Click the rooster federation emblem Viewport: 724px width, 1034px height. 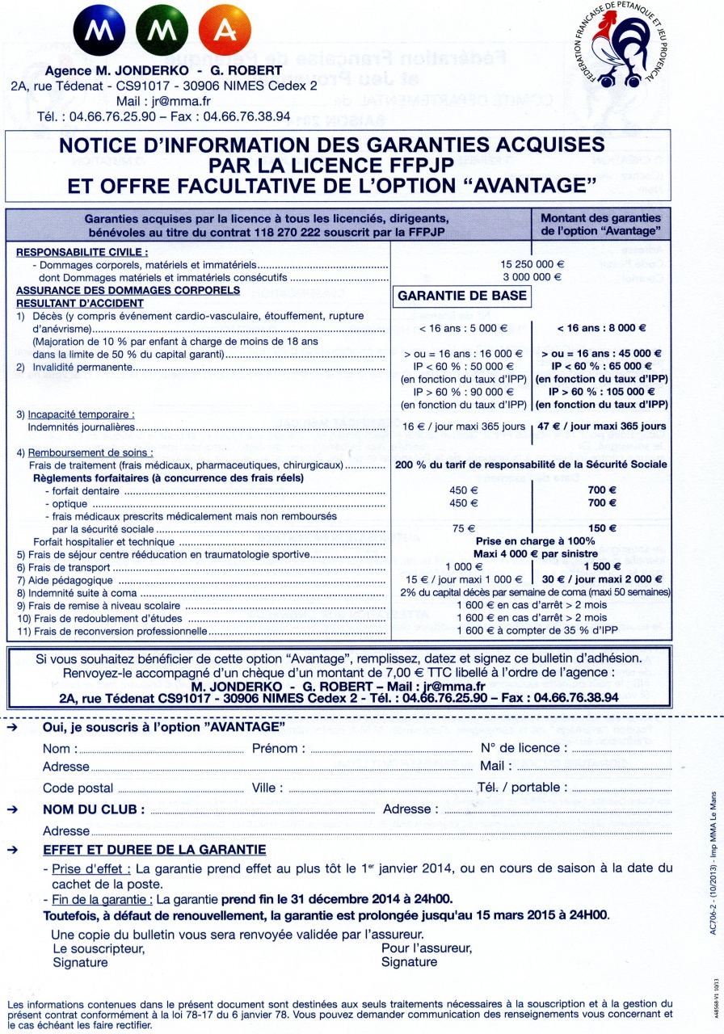(620, 48)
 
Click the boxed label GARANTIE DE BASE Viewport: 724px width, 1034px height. (461, 296)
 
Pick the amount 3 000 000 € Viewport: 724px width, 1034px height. (532, 276)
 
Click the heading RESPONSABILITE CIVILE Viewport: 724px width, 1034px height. (82, 251)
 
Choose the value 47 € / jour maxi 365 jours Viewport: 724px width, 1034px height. (601, 426)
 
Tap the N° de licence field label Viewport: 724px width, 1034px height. (524, 749)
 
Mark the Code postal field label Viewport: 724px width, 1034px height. (78, 788)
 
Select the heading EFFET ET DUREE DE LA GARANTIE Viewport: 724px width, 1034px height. (154, 850)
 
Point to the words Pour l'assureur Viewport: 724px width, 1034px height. (427, 926)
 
